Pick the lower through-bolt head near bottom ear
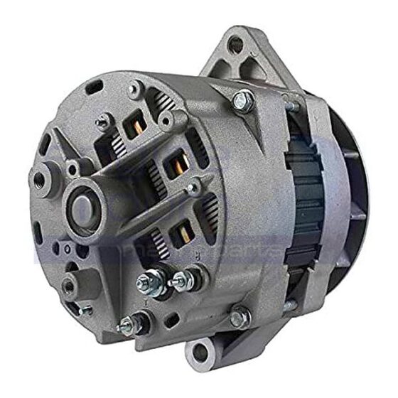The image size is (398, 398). coord(240,315)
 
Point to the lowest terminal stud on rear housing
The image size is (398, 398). coord(129,326)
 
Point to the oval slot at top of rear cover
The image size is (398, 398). coord(93,89)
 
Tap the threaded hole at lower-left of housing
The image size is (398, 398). coord(68,286)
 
